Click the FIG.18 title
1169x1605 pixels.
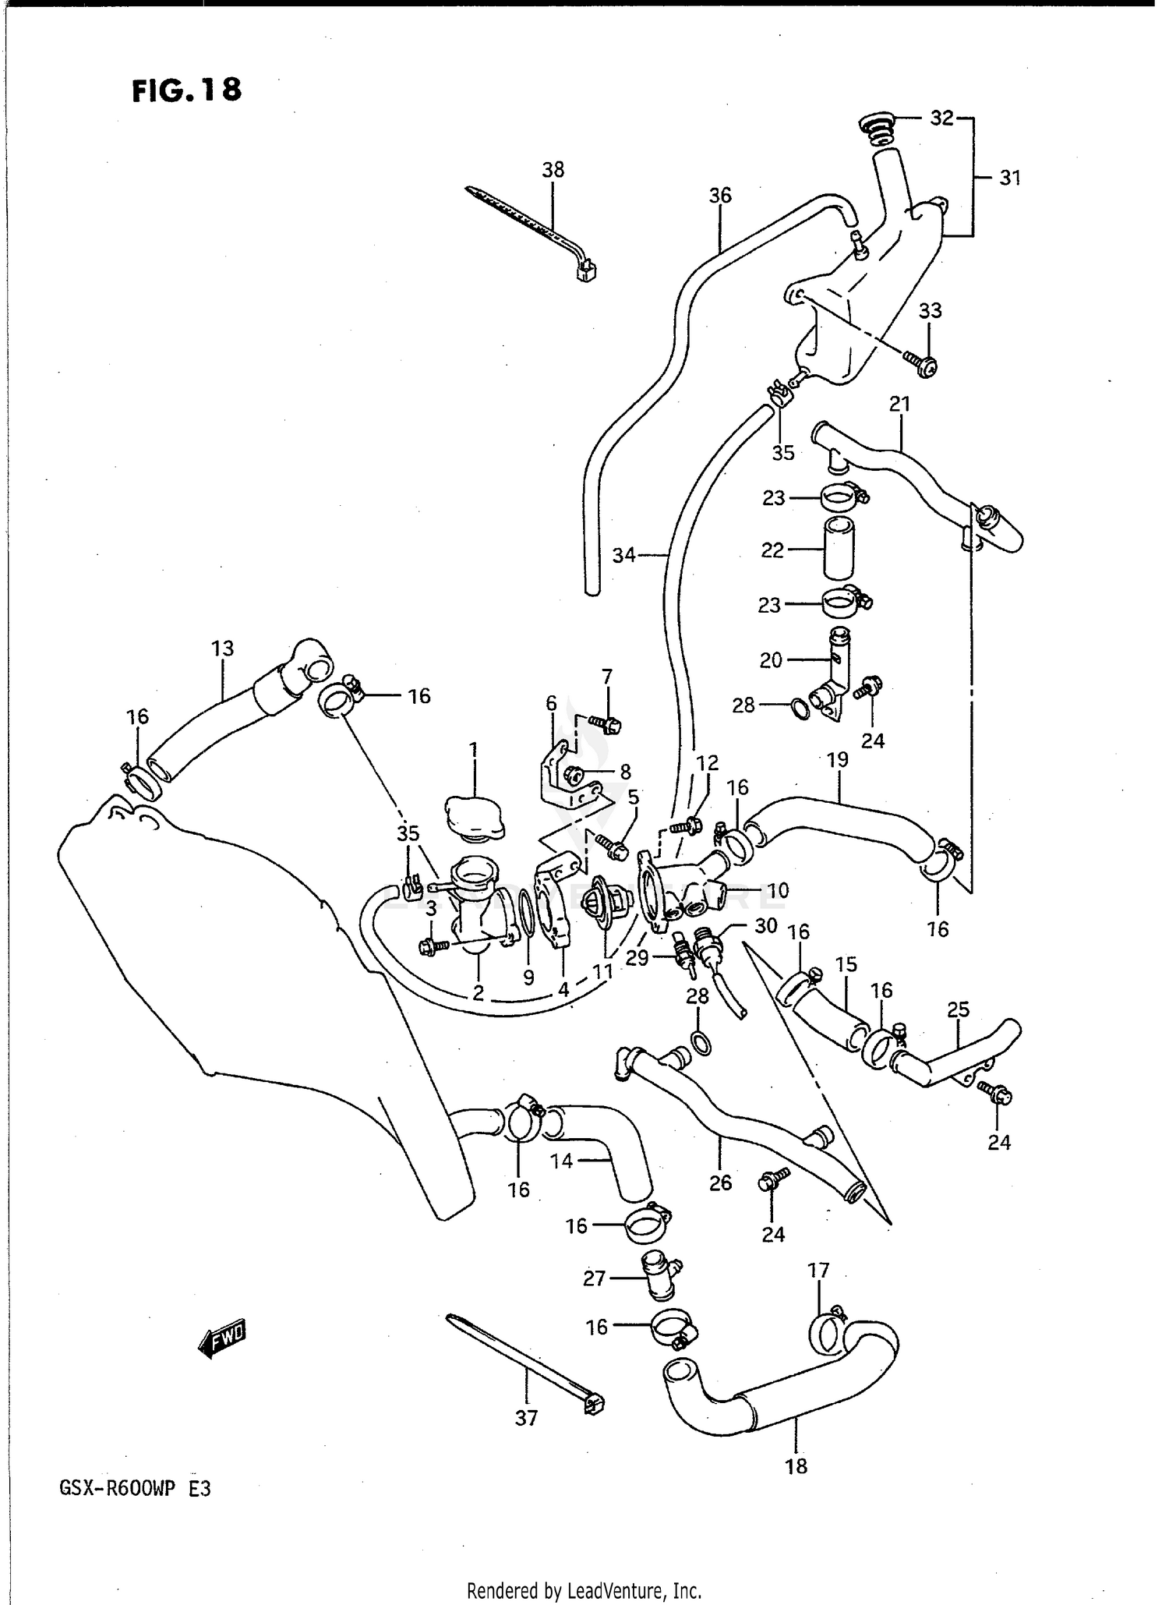point(187,90)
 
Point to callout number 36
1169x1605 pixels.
point(720,196)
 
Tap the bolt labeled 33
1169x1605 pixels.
point(924,362)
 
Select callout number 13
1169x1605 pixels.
point(222,649)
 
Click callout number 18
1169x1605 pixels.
point(796,1466)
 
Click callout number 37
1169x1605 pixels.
point(526,1418)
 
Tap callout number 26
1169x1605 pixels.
point(721,1183)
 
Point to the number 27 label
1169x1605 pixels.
point(595,1278)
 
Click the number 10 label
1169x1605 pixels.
point(778,890)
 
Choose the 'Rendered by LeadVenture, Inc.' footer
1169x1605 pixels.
point(584,1590)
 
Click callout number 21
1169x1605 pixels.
point(899,404)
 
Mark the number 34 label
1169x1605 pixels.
point(623,556)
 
